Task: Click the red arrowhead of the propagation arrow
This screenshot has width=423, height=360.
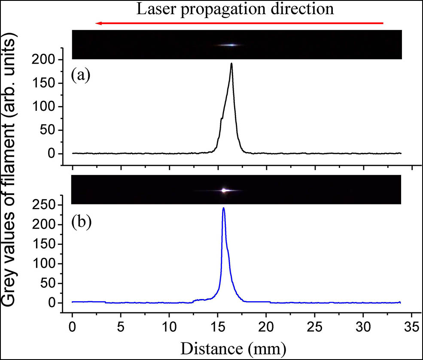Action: tap(99, 23)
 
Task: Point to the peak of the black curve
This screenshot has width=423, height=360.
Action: tap(231, 64)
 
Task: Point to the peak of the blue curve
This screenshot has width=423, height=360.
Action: tap(223, 208)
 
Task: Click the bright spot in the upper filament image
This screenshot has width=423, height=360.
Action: tap(231, 45)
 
